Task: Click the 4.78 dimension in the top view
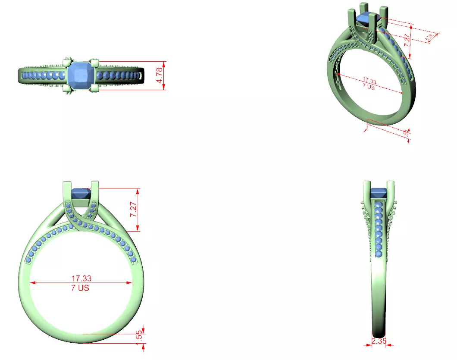pos(160,75)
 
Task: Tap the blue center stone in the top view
pos(81,75)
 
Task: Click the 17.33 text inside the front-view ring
pos(81,279)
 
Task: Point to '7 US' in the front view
pos(80,288)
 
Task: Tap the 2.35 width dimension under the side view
pos(379,341)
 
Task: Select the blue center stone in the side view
pos(379,191)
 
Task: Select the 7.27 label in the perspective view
pos(407,41)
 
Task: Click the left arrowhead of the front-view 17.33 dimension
pos(31,283)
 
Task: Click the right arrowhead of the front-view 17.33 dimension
pos(130,283)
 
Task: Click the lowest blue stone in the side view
pos(379,255)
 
